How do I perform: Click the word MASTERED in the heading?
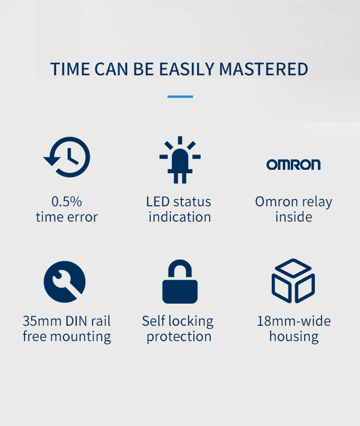[x=263, y=69]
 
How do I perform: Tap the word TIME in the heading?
[x=70, y=69]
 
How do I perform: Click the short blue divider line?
[x=180, y=96]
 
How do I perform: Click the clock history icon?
[x=67, y=157]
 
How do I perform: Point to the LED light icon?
[x=180, y=160]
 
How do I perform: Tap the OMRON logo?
[x=293, y=165]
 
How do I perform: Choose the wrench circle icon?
[x=65, y=282]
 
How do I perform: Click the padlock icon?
[x=180, y=282]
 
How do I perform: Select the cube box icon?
[x=293, y=281]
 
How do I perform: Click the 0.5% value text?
[x=67, y=201]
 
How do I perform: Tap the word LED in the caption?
[x=158, y=201]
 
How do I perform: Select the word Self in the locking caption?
[x=154, y=321]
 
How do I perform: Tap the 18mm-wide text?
[x=294, y=321]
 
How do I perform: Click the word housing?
[x=294, y=337]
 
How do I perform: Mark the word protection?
[x=179, y=337]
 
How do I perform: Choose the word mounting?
[x=81, y=337]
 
